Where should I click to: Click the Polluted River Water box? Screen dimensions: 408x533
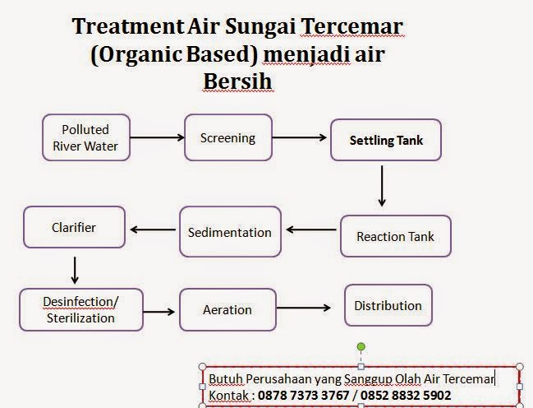tap(85, 138)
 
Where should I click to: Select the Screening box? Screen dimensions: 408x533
tap(227, 137)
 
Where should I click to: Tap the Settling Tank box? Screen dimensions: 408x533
tap(386, 141)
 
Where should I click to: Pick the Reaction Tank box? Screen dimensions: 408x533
tap(395, 236)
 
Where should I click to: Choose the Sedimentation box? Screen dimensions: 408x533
tap(230, 232)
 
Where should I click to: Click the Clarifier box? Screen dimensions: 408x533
tap(74, 227)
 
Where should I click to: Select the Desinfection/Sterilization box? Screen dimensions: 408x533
tap(80, 308)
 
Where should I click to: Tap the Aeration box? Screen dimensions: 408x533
tap(227, 310)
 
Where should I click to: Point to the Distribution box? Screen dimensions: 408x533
tap(388, 305)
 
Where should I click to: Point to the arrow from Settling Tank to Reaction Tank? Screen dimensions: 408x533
tap(381, 186)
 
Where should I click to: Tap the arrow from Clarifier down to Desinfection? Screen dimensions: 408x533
tap(75, 269)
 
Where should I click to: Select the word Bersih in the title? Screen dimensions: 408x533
tap(237, 82)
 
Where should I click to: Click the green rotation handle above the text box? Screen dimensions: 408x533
tap(361, 347)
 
